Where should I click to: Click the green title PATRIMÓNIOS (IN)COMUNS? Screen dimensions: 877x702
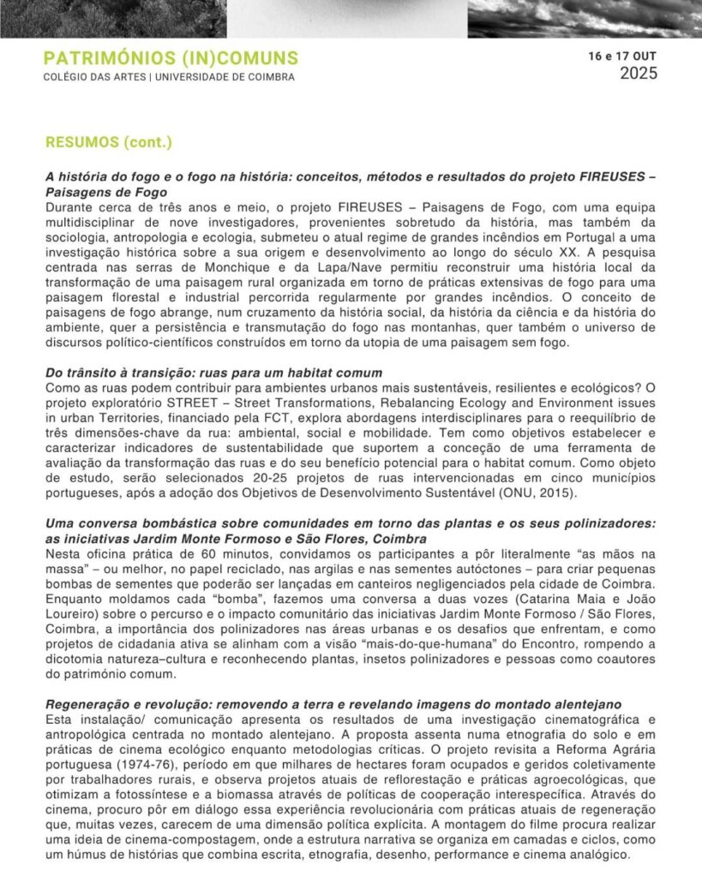pos(171,58)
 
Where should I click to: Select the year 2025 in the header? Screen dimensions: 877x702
pos(639,74)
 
